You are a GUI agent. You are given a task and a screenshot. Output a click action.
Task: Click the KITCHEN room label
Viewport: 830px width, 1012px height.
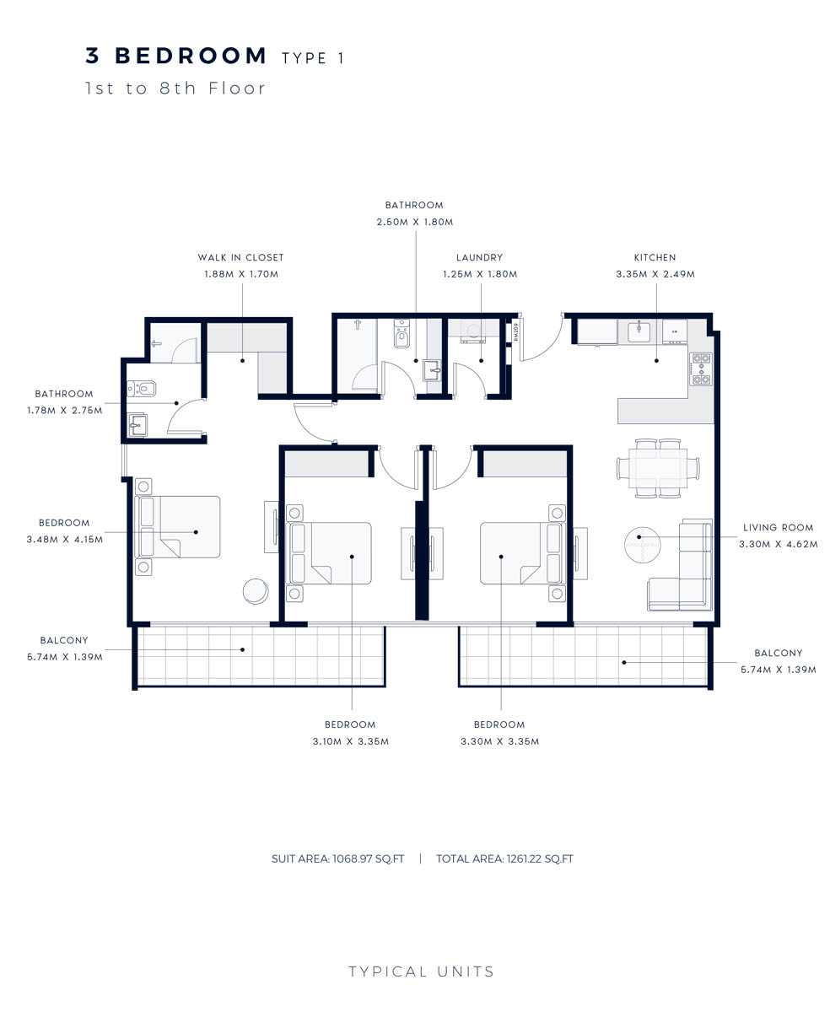coord(655,258)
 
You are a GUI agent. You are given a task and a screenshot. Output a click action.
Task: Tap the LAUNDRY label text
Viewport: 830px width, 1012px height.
coord(479,258)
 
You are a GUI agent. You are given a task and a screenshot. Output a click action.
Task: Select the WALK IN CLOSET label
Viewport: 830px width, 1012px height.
coord(240,258)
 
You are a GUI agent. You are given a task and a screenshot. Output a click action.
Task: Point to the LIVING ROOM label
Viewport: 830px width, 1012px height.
coord(778,528)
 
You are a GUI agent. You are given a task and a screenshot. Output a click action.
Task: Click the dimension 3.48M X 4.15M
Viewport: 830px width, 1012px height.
coord(64,540)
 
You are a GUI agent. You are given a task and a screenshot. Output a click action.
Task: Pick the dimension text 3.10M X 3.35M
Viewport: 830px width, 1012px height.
coord(350,741)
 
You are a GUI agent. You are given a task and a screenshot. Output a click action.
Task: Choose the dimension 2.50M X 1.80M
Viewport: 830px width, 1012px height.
coord(415,222)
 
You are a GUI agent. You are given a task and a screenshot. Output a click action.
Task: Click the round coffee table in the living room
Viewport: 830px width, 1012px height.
coord(642,545)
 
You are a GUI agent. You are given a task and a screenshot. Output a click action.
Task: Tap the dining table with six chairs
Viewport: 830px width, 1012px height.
coord(658,468)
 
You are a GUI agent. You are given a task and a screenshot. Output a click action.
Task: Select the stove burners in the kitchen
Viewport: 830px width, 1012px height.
coord(701,369)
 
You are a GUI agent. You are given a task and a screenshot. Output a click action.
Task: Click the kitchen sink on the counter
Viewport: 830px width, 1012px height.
coord(639,331)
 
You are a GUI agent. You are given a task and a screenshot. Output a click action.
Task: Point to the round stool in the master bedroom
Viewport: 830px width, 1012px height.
coord(256,590)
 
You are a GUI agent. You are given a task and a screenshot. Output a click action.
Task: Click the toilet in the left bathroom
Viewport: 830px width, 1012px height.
coord(142,387)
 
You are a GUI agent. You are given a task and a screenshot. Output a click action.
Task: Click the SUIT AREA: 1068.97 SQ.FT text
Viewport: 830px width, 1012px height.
coord(337,859)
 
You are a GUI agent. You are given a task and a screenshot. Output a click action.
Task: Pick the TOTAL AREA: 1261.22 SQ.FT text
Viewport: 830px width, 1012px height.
coord(504,859)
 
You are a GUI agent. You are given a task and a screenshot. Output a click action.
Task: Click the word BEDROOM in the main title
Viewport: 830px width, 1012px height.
coord(190,56)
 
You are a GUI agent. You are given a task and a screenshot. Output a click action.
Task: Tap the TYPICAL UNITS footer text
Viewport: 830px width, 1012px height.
coord(421,972)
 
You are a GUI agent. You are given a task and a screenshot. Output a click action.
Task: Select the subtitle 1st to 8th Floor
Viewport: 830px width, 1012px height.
coord(175,89)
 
